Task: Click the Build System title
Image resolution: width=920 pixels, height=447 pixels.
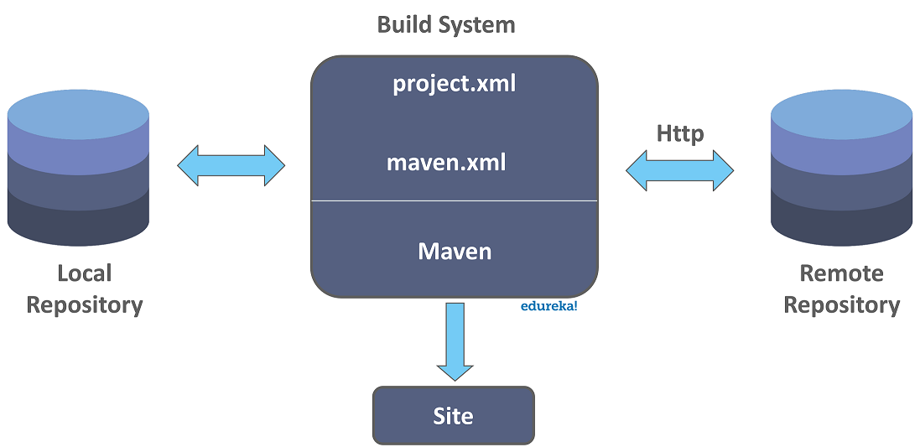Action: [445, 24]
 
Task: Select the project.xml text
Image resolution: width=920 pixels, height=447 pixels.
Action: [454, 84]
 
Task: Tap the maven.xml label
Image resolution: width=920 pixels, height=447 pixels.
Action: [446, 161]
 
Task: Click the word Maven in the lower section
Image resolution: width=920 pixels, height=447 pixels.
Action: [455, 250]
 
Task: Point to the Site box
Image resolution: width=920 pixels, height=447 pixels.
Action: [453, 415]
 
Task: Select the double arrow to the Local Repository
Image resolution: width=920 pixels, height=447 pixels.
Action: [231, 165]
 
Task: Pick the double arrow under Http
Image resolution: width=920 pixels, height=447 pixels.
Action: [679, 171]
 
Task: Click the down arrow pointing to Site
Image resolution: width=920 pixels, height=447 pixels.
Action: [455, 340]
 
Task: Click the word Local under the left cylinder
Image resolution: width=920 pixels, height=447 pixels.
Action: [84, 273]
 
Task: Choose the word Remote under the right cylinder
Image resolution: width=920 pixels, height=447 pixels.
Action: [841, 273]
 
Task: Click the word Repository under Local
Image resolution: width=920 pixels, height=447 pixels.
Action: [84, 304]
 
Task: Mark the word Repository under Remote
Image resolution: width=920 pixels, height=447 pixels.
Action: [841, 304]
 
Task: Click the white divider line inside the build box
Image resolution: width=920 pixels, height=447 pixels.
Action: [454, 201]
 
